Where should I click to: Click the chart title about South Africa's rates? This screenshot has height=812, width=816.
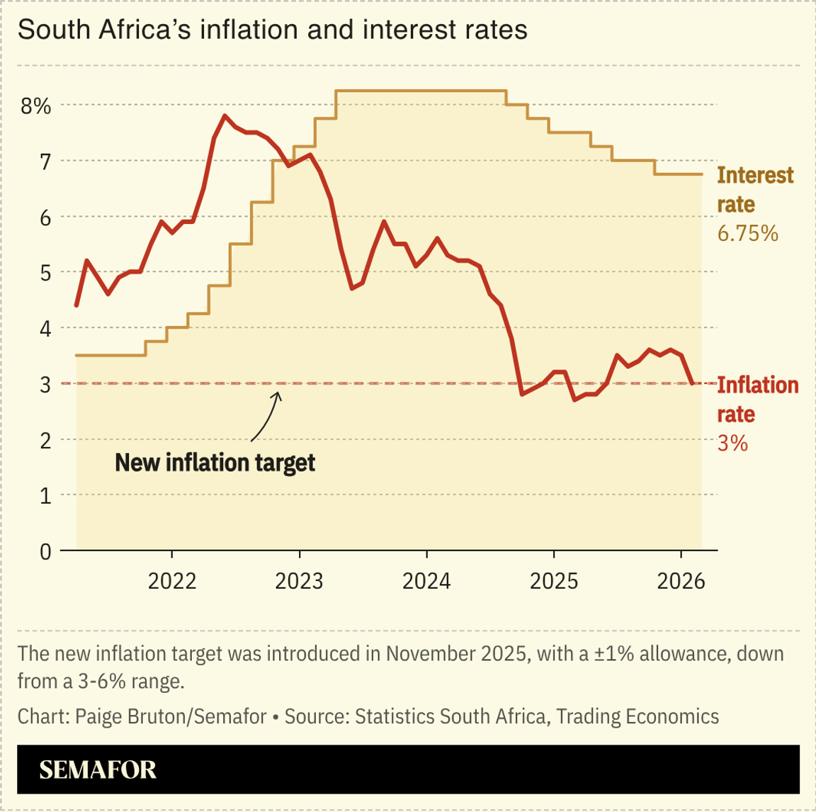tap(273, 30)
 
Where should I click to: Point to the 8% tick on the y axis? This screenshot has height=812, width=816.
tap(35, 106)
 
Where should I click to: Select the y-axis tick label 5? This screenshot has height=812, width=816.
tap(45, 273)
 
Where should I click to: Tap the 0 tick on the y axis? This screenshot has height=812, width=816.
tap(45, 551)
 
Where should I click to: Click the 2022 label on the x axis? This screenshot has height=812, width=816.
tap(172, 582)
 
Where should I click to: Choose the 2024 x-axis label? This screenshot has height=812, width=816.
tap(426, 582)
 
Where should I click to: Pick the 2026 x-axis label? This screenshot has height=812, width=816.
tap(681, 582)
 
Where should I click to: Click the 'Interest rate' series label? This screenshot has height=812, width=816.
tap(755, 189)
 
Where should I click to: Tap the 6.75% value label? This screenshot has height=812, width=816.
tap(747, 233)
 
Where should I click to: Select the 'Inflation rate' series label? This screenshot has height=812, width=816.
tap(757, 400)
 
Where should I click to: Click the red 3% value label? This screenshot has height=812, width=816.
tap(732, 444)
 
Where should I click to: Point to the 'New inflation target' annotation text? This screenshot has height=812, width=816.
tap(215, 463)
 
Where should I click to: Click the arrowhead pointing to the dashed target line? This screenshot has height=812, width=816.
tap(278, 395)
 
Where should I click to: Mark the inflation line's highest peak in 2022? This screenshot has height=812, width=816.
tap(225, 115)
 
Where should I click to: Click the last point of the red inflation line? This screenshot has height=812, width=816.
tap(692, 383)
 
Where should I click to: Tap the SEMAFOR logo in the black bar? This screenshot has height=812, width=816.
tap(98, 770)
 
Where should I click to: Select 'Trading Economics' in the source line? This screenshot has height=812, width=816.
tap(637, 716)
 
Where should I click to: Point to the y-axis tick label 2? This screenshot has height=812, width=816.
tap(45, 440)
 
